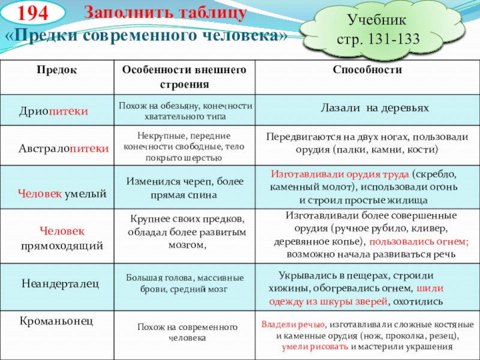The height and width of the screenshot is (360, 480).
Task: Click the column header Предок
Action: click(x=57, y=70)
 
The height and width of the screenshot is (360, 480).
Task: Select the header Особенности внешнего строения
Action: click(x=184, y=77)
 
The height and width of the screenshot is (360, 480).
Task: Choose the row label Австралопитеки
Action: click(x=63, y=147)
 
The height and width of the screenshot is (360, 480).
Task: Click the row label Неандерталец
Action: click(x=61, y=282)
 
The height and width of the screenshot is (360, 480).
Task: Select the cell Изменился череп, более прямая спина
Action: click(x=185, y=187)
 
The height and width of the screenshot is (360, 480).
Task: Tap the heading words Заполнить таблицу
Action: click(x=164, y=13)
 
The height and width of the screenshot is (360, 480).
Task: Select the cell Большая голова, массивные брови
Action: click(x=185, y=283)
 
